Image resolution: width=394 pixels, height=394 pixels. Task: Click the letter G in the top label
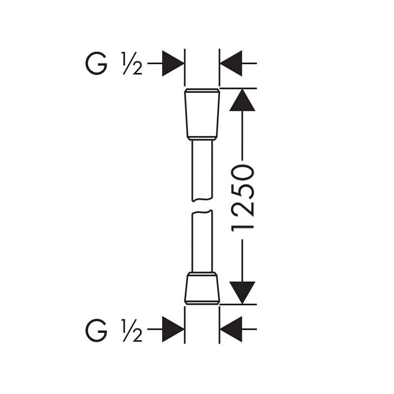tap(96, 64)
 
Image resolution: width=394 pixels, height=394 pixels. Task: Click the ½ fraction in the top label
tap(132, 64)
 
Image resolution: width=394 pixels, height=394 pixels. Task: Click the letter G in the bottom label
tap(96, 330)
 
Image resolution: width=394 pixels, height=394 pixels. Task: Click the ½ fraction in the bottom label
tap(132, 330)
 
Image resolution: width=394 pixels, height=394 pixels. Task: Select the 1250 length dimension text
tap(242, 198)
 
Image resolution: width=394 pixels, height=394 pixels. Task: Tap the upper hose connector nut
tap(202, 113)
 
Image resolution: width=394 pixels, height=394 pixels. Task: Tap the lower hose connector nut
tap(202, 289)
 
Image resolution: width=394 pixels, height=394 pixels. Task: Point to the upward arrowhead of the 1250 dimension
tap(242, 100)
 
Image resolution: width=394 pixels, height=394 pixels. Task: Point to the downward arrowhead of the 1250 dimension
tap(242, 293)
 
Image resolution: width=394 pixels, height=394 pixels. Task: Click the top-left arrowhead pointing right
tap(173, 64)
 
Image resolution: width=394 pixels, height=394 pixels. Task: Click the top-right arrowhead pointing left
tap(231, 64)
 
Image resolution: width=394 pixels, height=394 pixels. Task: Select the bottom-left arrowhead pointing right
tap(173, 329)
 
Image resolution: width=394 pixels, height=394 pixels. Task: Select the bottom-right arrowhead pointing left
tap(231, 329)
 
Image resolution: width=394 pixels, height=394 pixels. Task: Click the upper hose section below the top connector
tap(202, 170)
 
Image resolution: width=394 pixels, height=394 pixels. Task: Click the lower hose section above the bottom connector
tap(202, 242)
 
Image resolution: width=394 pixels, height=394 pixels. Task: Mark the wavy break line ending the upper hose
tap(202, 200)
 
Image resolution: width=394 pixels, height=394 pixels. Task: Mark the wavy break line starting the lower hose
tap(202, 212)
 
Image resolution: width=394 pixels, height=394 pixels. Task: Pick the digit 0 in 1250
tap(242, 173)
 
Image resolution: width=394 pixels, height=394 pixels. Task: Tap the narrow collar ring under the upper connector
tap(202, 138)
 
